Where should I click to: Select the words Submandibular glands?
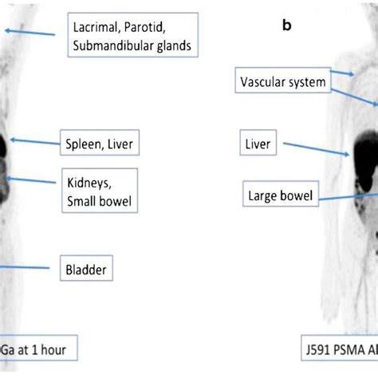click(132, 45)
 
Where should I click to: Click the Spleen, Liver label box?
click(97, 145)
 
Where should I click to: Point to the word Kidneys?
click(89, 182)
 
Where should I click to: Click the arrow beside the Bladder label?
click(24, 266)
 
